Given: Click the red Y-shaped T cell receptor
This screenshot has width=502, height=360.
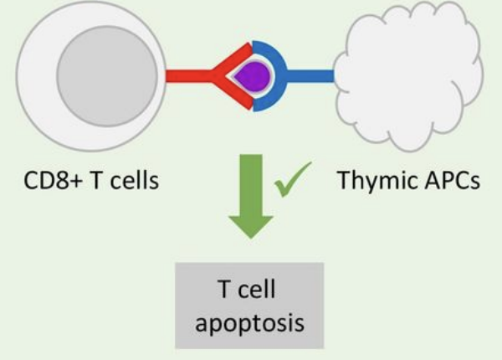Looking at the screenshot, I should click(224, 76).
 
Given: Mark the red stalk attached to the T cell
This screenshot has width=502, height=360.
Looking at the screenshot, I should click(184, 76).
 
